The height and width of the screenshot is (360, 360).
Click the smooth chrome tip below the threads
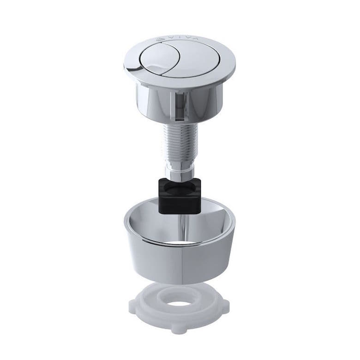(x=178, y=171)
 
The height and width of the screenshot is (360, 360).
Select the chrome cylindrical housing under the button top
(x=152, y=99)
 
